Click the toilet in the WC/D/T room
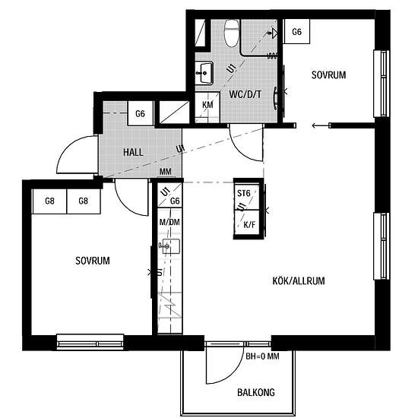(x=231, y=33)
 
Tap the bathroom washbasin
(x=204, y=73)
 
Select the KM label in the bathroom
(x=207, y=105)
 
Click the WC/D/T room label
(x=245, y=94)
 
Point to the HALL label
(x=133, y=152)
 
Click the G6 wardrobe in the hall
(x=141, y=113)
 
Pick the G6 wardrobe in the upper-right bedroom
(x=296, y=32)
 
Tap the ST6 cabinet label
(x=244, y=193)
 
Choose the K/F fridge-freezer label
(x=249, y=225)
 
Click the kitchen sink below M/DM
(x=170, y=246)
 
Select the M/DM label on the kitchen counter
(x=169, y=222)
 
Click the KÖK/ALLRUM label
(x=299, y=280)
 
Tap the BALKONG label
(x=256, y=392)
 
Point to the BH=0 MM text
(x=262, y=356)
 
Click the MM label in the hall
(x=165, y=172)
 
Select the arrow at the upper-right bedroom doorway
(x=321, y=125)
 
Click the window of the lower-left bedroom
(x=90, y=342)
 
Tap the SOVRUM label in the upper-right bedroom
(x=328, y=75)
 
